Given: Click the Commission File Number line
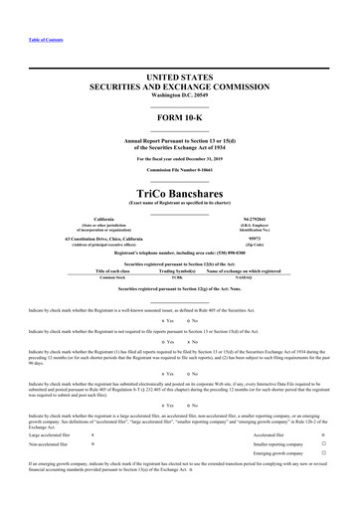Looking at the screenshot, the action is [179, 170].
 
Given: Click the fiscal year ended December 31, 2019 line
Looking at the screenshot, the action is [179, 158].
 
